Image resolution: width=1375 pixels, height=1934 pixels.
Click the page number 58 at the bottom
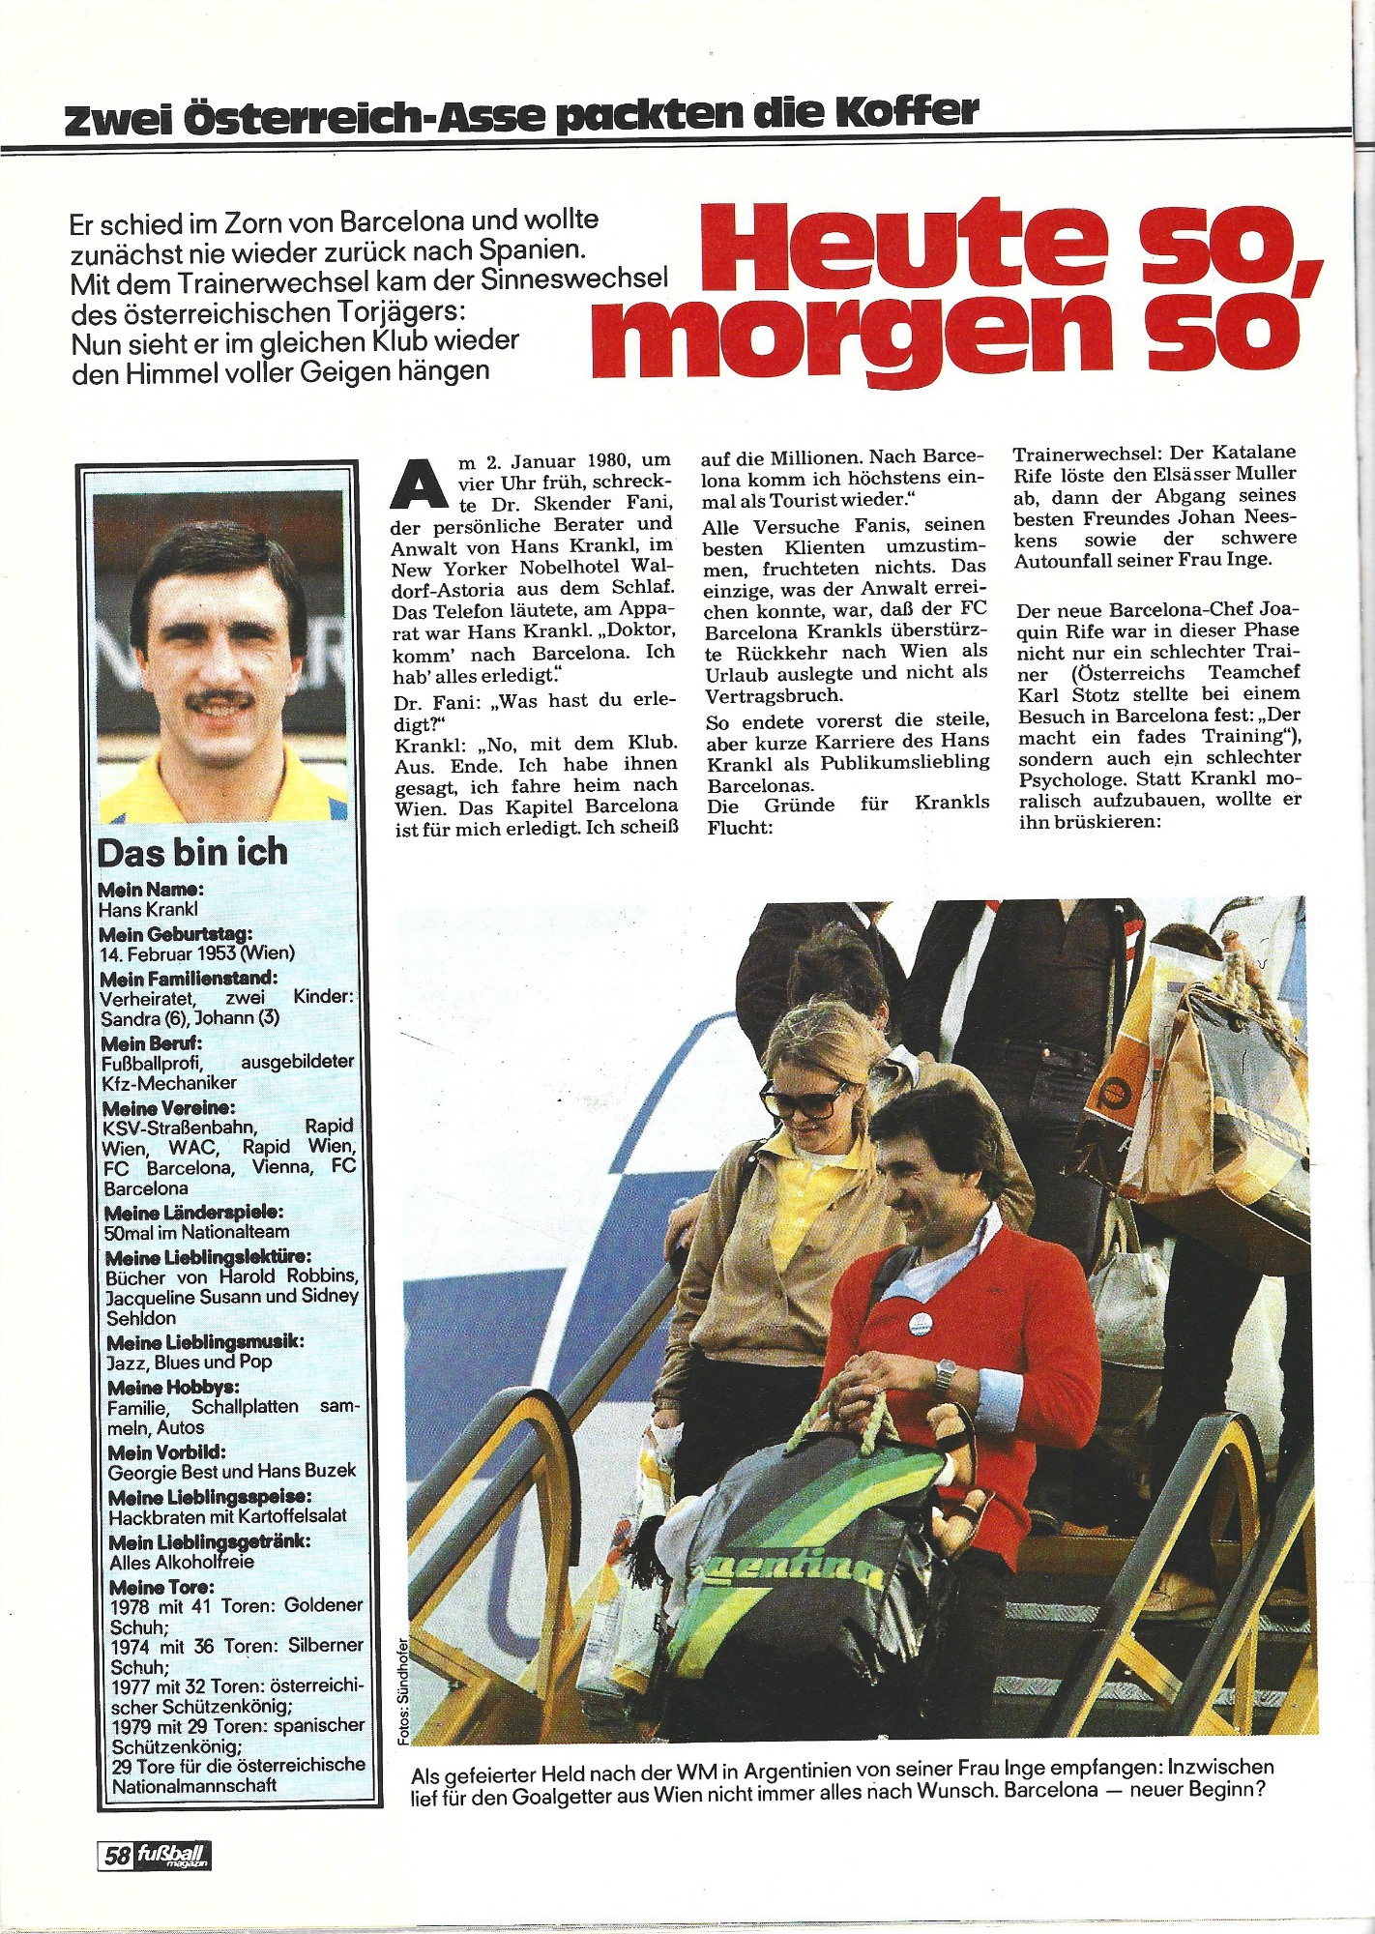[x=118, y=1856]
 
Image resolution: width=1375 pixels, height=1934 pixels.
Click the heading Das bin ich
[x=191, y=853]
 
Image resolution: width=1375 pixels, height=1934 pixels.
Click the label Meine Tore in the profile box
[x=161, y=1587]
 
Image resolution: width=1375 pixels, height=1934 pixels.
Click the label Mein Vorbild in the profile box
[x=166, y=1452]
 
